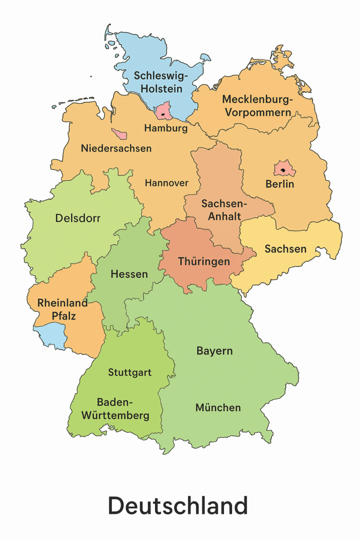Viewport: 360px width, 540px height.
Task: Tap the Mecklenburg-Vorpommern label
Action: click(257, 105)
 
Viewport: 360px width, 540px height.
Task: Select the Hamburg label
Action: click(166, 128)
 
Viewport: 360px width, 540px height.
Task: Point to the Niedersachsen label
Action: click(116, 148)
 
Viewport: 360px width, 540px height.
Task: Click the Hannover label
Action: click(167, 183)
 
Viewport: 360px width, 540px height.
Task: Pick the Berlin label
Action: click(279, 184)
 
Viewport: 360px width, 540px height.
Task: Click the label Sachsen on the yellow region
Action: click(285, 248)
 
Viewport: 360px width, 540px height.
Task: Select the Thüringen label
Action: click(204, 262)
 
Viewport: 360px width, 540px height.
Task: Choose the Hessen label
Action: click(129, 274)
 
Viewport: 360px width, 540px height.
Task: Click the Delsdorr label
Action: click(77, 218)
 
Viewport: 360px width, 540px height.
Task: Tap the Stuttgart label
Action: click(130, 372)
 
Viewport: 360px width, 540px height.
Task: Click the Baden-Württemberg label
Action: click(115, 409)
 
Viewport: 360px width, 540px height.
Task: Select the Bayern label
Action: click(215, 351)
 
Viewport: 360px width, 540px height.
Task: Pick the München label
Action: click(218, 408)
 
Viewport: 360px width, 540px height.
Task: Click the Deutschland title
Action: click(178, 506)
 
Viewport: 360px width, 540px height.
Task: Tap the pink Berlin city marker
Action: click(283, 170)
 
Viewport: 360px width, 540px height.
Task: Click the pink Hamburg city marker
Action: click(164, 112)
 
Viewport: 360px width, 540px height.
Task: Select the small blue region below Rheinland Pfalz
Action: click(50, 336)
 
